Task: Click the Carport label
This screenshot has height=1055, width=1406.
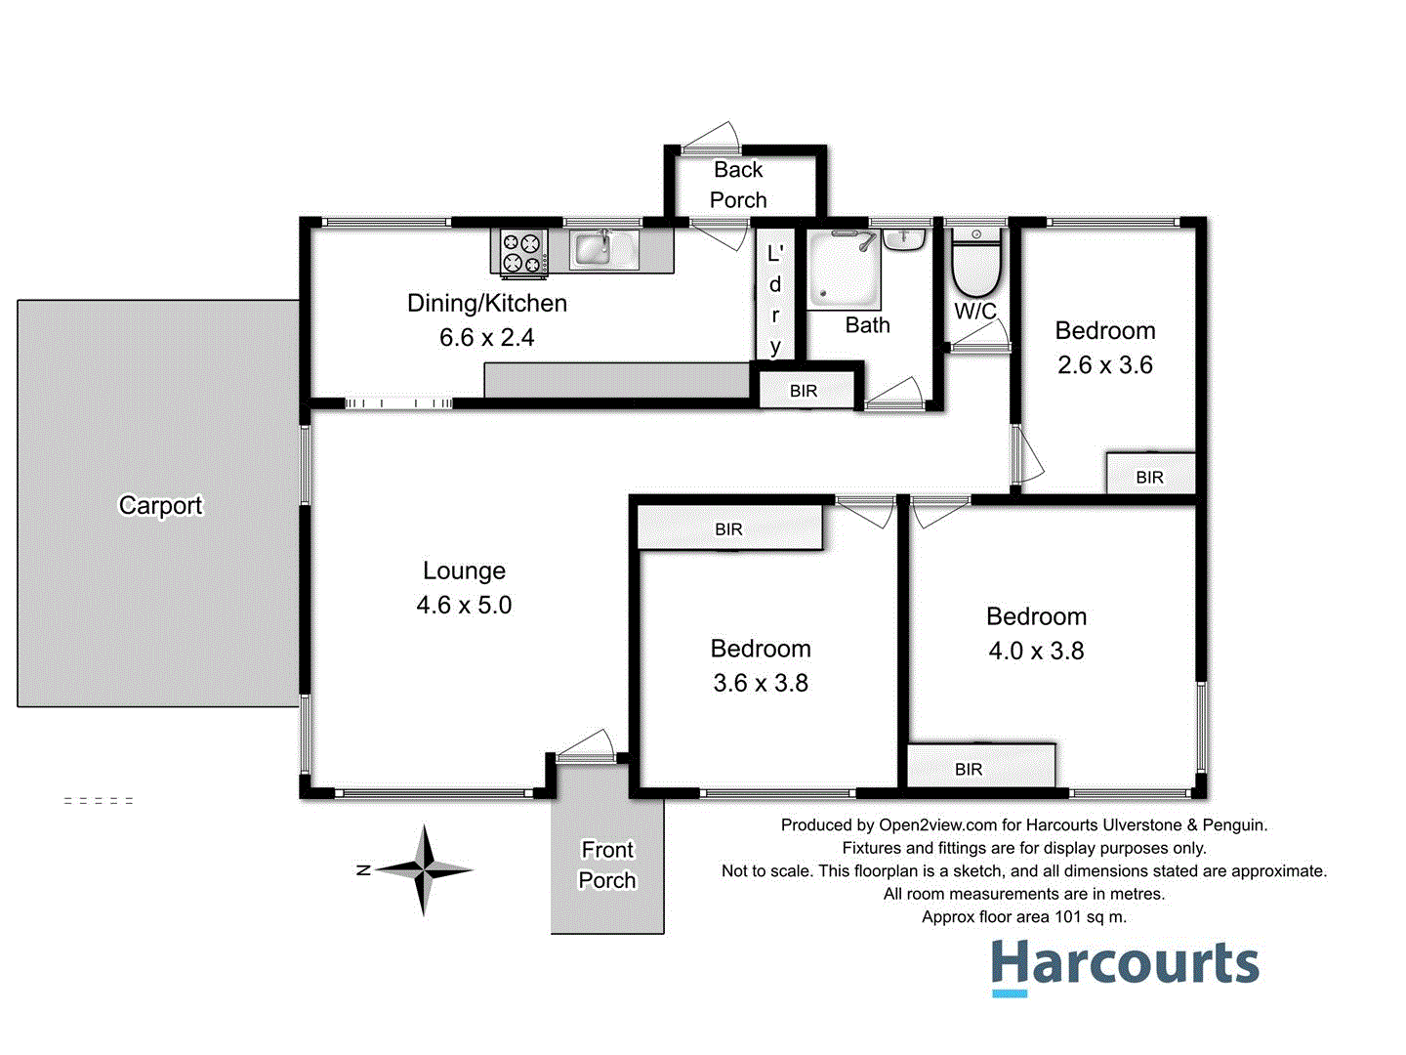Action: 160,505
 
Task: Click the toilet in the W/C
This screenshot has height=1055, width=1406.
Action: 975,265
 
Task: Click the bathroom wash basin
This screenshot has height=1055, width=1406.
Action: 904,238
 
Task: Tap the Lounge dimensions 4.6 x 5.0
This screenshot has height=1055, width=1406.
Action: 464,606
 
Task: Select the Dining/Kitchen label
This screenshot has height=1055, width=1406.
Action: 486,303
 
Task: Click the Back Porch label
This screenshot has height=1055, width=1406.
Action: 738,185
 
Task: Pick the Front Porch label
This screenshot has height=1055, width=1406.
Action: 607,865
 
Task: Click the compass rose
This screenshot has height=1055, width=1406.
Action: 424,869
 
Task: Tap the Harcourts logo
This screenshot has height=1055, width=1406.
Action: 1125,965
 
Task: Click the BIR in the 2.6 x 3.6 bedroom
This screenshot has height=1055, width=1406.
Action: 1149,477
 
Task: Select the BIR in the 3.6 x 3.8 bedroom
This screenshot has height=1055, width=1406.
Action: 728,529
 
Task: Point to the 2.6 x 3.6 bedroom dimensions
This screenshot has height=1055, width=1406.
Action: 1105,365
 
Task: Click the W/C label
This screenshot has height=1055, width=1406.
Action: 975,312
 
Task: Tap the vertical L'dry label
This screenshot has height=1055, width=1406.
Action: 775,299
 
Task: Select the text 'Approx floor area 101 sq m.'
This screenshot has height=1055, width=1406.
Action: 1024,917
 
